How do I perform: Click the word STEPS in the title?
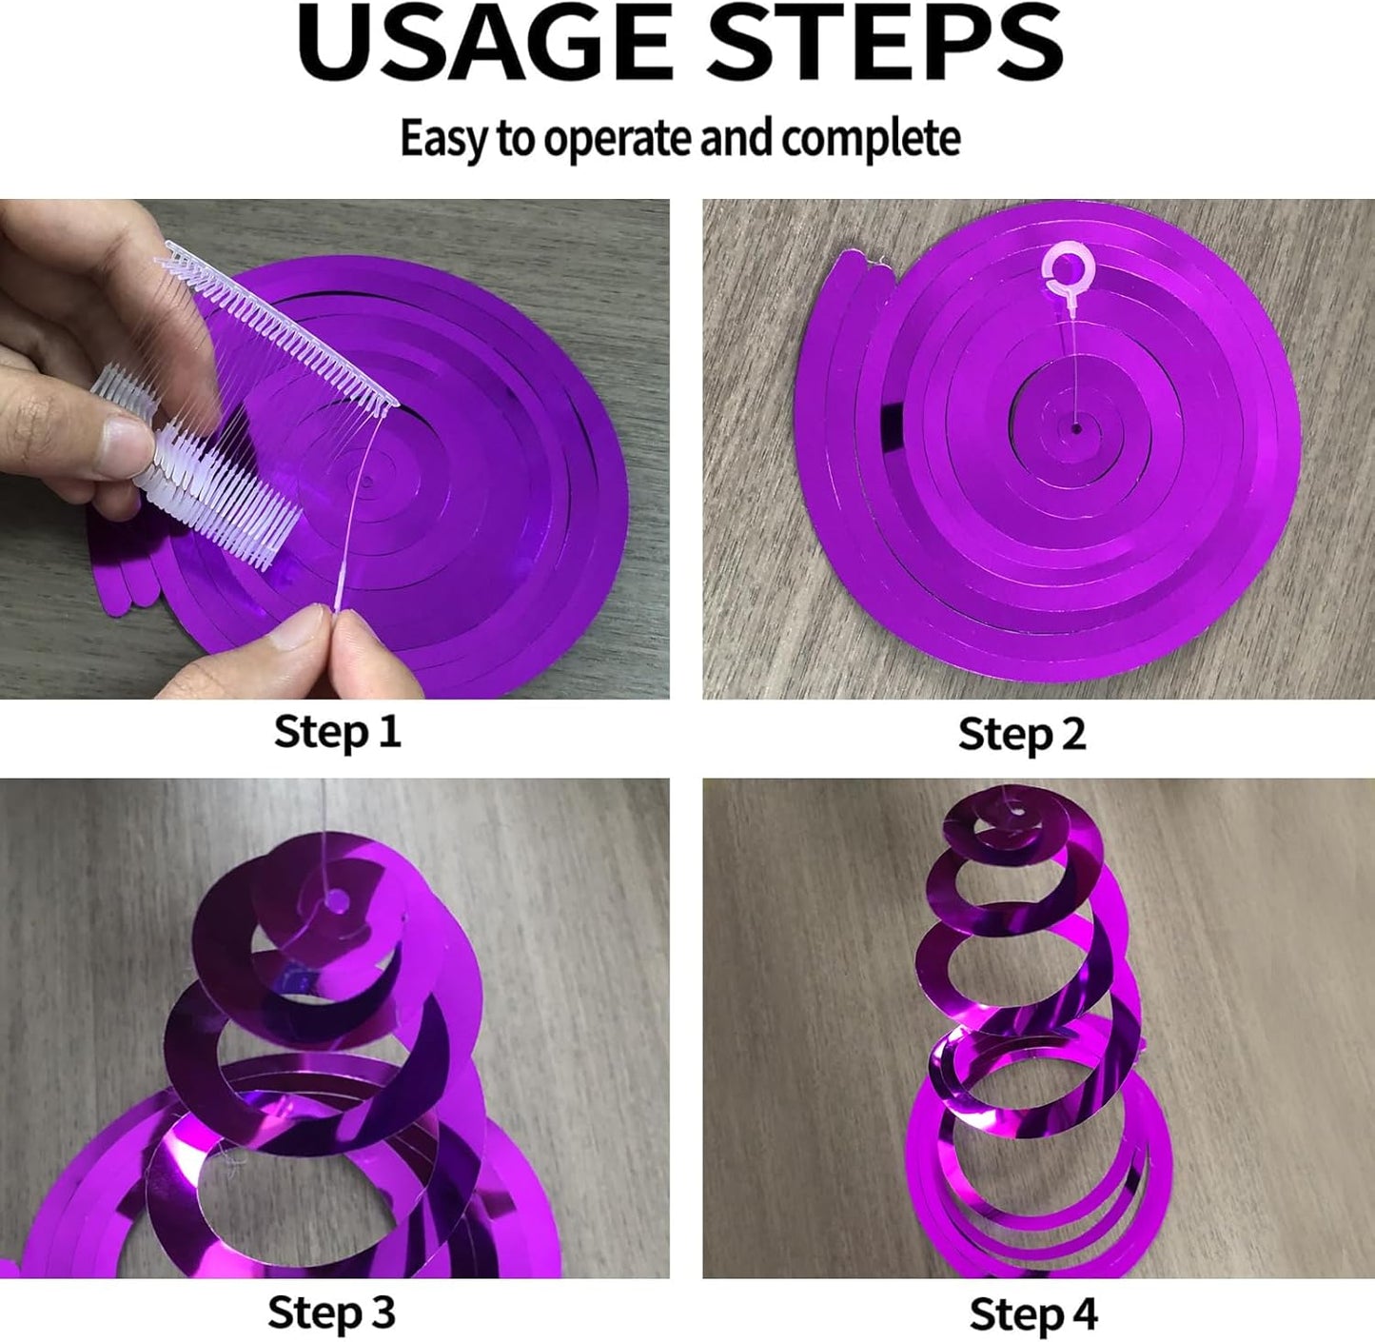(x=886, y=44)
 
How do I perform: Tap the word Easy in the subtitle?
(x=443, y=139)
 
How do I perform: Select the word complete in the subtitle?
(x=871, y=139)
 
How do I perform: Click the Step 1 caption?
(x=337, y=731)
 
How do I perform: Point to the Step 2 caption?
(x=1022, y=734)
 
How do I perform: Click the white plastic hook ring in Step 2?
(x=1069, y=270)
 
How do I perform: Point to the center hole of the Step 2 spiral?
(x=1076, y=428)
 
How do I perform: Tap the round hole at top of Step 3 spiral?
(x=336, y=901)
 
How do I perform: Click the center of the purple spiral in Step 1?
(x=367, y=482)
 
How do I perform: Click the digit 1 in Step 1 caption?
(x=391, y=731)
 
